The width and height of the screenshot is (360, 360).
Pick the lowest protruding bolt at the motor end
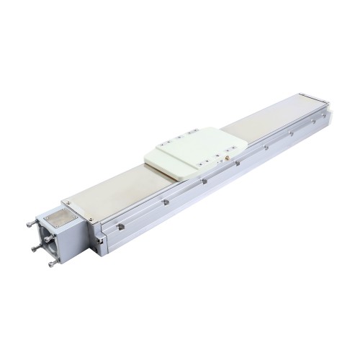[x=53, y=264]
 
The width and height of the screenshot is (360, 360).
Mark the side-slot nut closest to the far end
[x=310, y=123]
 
